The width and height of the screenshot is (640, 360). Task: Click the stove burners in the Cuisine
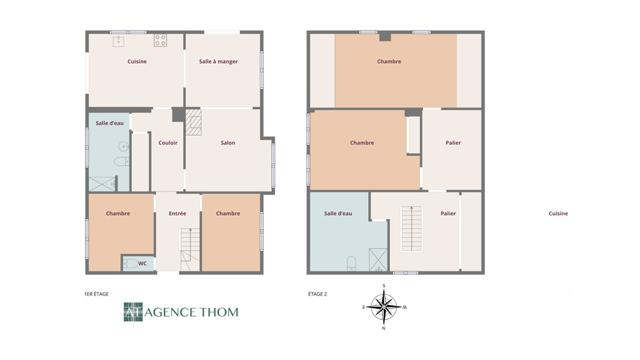pyautogui.click(x=160, y=41)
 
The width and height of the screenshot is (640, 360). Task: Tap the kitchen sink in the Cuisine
pyautogui.click(x=118, y=41)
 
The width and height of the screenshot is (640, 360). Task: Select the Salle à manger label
pyautogui.click(x=218, y=62)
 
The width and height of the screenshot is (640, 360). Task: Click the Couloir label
pyautogui.click(x=167, y=143)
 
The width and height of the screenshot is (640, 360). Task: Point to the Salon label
pyautogui.click(x=227, y=143)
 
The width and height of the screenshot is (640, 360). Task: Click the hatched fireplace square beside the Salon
pyautogui.click(x=194, y=122)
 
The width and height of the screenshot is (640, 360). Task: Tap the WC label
pyautogui.click(x=142, y=264)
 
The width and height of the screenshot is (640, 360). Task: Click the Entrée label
pyautogui.click(x=177, y=214)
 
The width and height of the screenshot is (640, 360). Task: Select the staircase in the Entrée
pyautogui.click(x=190, y=249)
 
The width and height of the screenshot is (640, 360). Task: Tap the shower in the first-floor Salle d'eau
pyautogui.click(x=102, y=184)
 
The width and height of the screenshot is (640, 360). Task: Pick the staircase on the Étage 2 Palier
pyautogui.click(x=412, y=229)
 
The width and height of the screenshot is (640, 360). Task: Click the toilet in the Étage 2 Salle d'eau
pyautogui.click(x=351, y=264)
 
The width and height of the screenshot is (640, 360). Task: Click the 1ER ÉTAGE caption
pyautogui.click(x=96, y=294)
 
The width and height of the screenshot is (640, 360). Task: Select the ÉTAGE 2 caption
pyautogui.click(x=317, y=294)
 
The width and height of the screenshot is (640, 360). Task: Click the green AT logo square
pyautogui.click(x=133, y=312)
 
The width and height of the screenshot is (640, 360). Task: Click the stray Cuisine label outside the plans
pyautogui.click(x=558, y=214)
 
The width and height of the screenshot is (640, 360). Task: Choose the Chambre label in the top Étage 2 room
pyautogui.click(x=389, y=62)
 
